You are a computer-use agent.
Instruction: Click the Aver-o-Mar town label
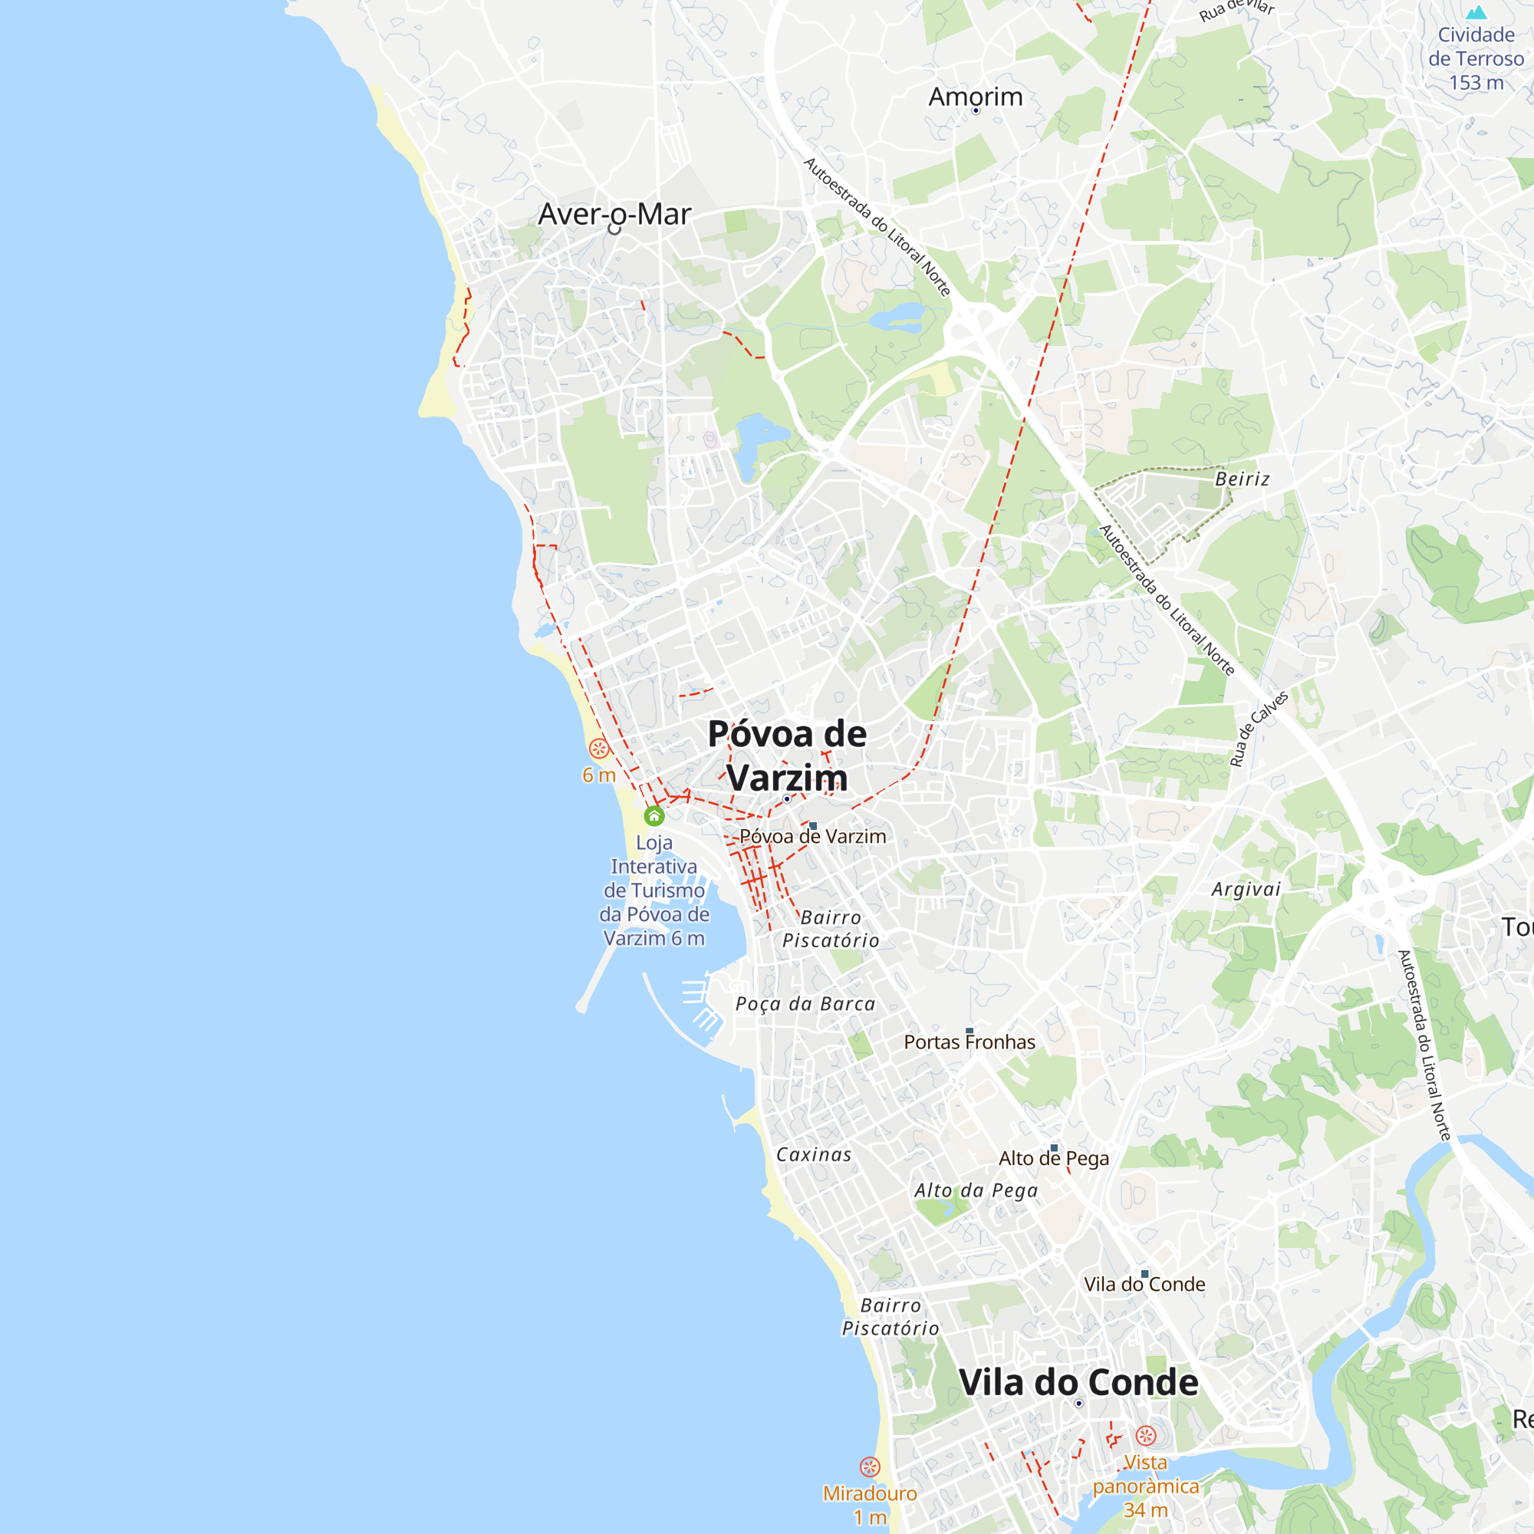click(614, 215)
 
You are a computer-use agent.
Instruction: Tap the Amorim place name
click(975, 97)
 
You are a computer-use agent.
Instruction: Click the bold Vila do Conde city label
click(1078, 1382)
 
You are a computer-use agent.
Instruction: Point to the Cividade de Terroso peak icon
click(1476, 13)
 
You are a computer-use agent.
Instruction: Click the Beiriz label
click(1242, 479)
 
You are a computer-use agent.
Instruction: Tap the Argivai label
click(1246, 889)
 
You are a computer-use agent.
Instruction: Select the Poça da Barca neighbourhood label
click(805, 1005)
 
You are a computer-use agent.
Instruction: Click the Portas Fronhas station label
click(969, 1042)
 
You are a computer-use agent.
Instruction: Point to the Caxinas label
click(814, 1154)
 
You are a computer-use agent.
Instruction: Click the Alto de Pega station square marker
click(1054, 1148)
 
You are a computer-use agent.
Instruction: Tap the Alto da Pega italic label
click(976, 1190)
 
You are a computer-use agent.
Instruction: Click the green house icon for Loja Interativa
click(653, 815)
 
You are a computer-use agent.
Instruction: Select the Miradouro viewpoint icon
click(870, 1467)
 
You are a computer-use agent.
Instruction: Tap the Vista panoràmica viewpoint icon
click(1145, 1435)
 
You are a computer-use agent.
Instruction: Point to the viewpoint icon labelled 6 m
click(599, 748)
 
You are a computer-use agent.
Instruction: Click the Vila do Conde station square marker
click(1144, 1273)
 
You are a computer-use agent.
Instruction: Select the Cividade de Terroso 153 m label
click(1475, 59)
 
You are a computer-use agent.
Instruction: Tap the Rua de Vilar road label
click(1236, 9)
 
